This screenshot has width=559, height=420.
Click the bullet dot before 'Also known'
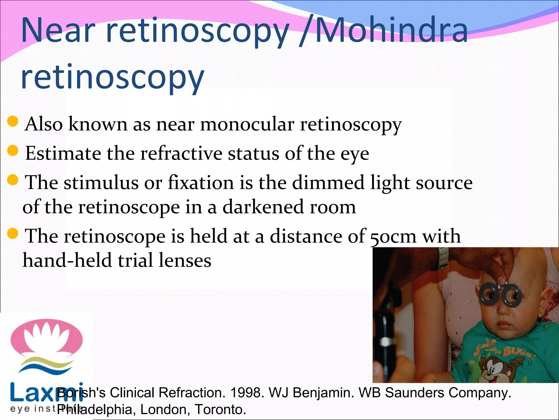tap(13, 121)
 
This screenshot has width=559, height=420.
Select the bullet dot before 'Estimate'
tap(13, 150)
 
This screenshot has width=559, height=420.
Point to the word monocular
tap(247, 124)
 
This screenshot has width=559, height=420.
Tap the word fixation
tap(201, 182)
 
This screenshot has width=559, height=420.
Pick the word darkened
tap(263, 207)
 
